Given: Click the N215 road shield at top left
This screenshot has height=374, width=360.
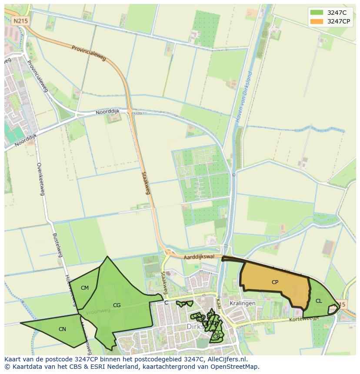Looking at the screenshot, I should [x=20, y=21].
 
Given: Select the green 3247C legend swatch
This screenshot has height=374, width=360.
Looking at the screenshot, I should [x=317, y=12].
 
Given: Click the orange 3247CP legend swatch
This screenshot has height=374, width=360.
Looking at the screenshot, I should [x=317, y=21].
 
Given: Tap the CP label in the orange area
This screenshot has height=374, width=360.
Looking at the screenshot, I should [x=275, y=282].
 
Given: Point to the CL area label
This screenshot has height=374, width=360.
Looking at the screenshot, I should [x=319, y=301].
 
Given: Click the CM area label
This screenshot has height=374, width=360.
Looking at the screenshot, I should [x=85, y=288].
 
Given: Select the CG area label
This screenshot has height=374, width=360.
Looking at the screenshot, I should [x=117, y=305].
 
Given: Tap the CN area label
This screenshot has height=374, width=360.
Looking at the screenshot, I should [x=62, y=329].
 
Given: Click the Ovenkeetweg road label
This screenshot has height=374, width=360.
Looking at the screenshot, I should [x=40, y=179].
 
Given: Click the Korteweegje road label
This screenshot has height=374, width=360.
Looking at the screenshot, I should [x=304, y=319].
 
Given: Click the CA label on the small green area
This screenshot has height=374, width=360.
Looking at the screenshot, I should [x=185, y=304].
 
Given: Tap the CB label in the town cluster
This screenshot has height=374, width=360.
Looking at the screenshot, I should [x=216, y=337].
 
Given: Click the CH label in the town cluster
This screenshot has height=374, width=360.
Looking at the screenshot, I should [x=210, y=314].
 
